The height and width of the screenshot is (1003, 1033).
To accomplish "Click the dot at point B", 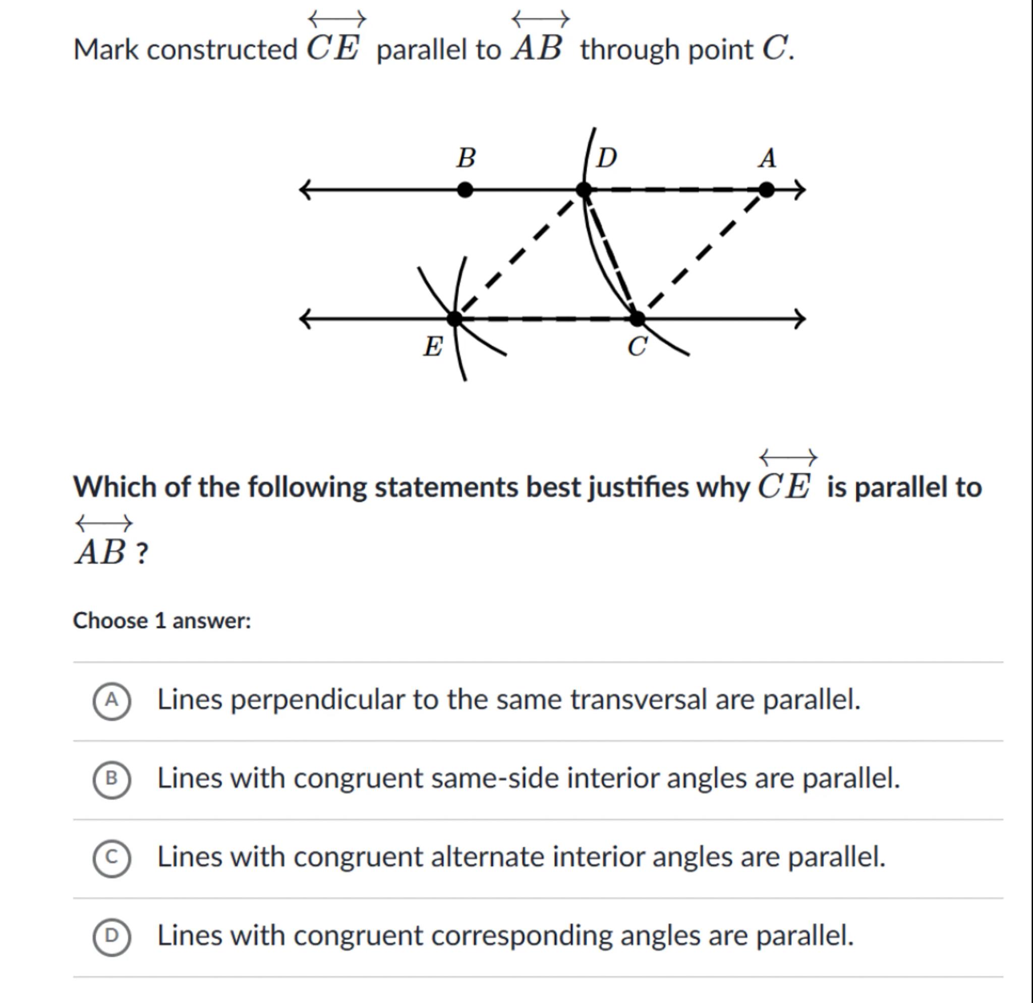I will [465, 190].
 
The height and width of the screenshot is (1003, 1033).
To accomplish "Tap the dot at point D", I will [584, 190].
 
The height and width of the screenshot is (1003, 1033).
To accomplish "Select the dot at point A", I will [766, 190].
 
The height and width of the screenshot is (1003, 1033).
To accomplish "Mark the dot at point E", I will [454, 318].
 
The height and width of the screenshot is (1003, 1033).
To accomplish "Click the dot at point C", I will [637, 318].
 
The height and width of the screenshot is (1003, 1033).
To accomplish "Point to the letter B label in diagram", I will [466, 157].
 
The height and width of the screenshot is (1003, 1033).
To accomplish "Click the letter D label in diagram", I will [606, 157].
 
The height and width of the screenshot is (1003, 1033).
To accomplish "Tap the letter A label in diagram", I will [767, 158].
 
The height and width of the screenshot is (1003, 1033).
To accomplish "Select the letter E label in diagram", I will [433, 347].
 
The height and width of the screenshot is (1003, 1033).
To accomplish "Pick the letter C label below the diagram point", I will [637, 347].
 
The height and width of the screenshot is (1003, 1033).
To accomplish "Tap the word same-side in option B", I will [494, 778].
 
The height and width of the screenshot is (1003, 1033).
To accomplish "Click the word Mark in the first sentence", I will [106, 50].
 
